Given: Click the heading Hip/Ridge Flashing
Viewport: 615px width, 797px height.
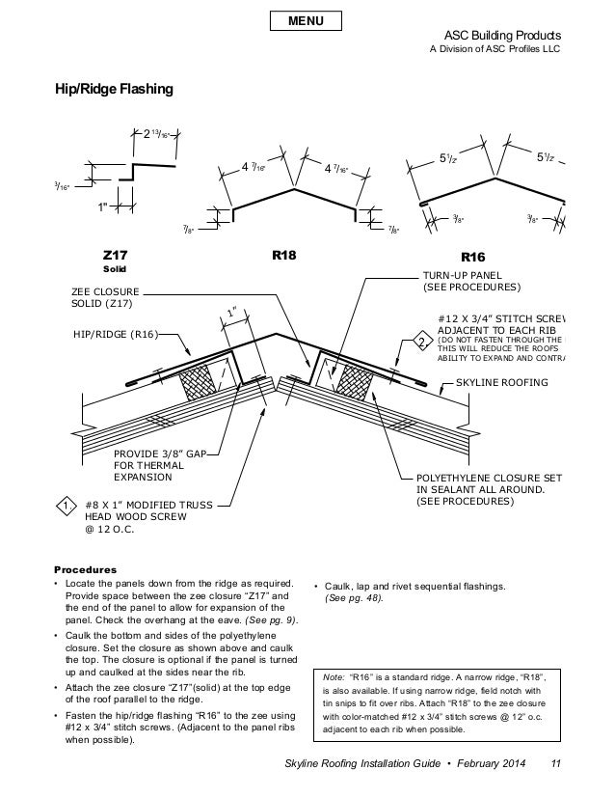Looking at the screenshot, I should (x=113, y=91).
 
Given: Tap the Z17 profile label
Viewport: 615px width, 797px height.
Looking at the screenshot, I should (x=116, y=256).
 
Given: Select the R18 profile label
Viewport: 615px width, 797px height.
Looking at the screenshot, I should (x=283, y=257).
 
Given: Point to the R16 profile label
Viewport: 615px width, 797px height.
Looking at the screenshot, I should (x=473, y=258).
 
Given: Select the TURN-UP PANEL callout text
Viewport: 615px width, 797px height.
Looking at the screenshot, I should (x=471, y=281).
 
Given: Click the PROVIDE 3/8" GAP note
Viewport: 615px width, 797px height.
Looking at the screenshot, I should (x=160, y=463).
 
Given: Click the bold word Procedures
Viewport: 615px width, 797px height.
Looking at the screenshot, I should (x=85, y=569).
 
